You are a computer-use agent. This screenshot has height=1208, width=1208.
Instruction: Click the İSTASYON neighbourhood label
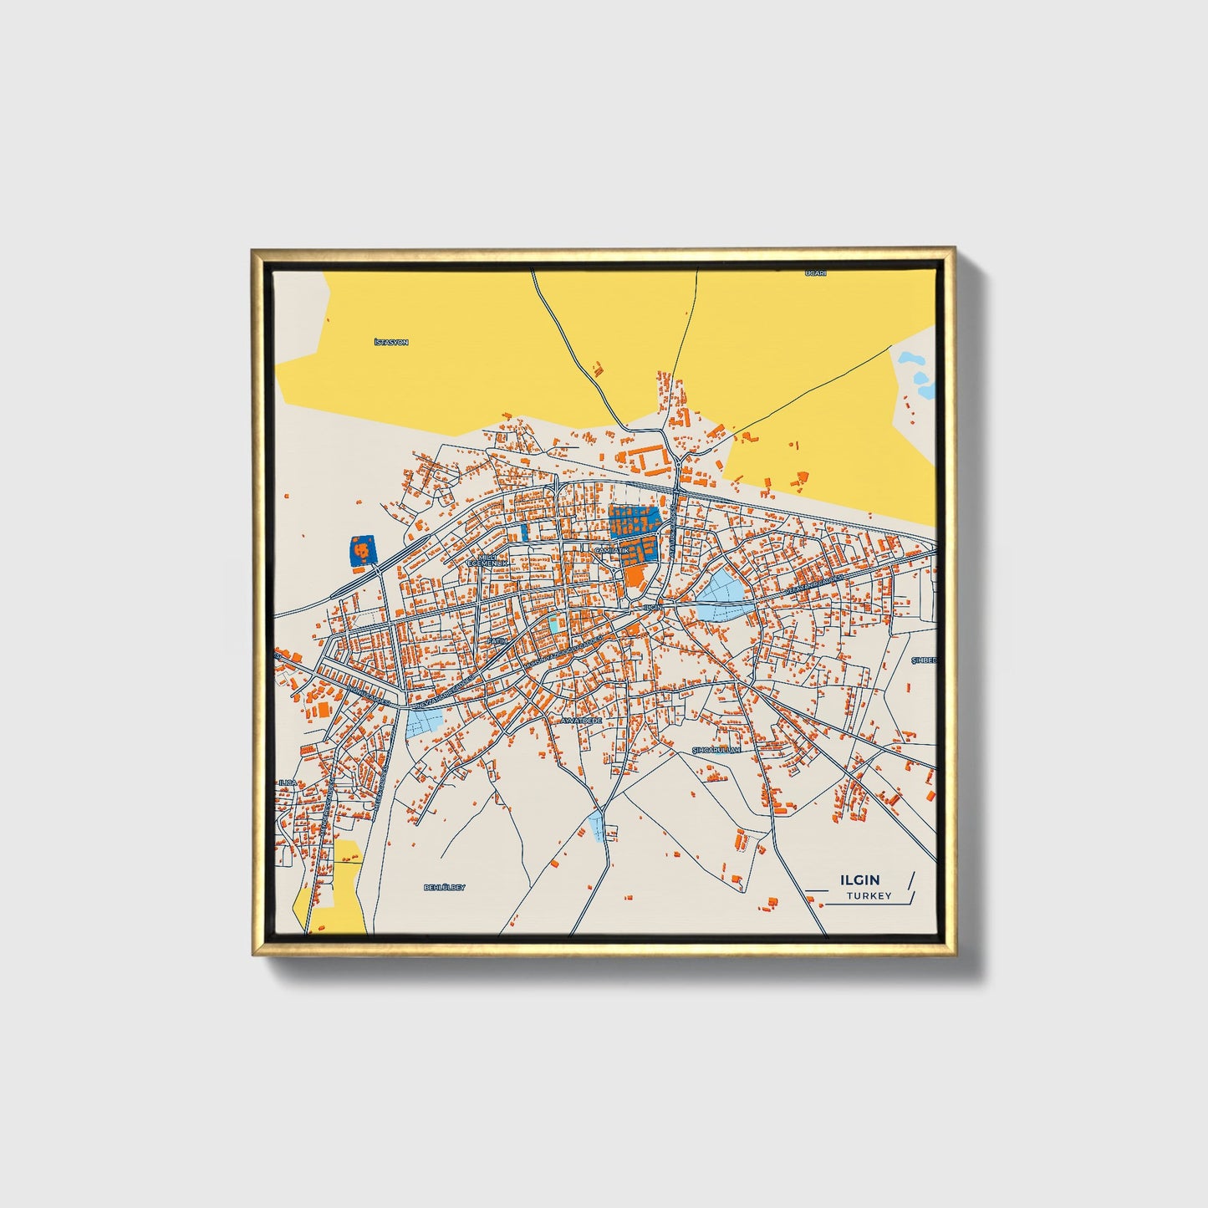[391, 343]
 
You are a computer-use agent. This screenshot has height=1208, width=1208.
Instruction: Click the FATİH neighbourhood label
[498, 640]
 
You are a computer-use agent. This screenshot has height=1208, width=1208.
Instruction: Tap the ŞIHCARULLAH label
[717, 750]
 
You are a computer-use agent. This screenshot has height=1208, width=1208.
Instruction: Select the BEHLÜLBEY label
[444, 887]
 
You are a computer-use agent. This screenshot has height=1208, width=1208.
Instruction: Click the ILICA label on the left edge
[288, 782]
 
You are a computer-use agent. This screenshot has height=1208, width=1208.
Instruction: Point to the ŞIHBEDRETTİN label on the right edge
[924, 660]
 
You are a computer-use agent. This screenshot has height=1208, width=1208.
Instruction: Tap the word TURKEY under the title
[869, 896]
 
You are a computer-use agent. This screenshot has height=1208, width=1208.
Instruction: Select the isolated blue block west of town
[362, 551]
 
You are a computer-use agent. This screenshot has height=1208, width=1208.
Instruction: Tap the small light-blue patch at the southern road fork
[597, 826]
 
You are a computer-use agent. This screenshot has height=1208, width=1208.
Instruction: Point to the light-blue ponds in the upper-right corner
[916, 373]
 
